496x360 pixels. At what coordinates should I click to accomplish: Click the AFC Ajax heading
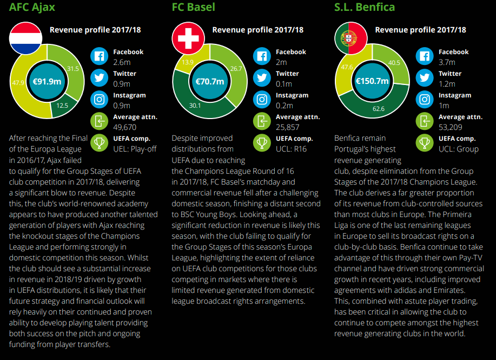(32, 7)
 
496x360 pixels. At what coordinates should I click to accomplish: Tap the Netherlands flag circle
(25, 38)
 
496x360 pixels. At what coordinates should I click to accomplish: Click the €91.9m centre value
(47, 82)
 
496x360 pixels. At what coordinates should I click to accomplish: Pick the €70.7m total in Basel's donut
(209, 82)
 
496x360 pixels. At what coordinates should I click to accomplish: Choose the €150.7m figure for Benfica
(372, 82)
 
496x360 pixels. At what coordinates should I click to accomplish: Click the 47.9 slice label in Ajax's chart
(18, 83)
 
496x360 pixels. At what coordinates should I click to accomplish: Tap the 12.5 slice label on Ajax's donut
(63, 106)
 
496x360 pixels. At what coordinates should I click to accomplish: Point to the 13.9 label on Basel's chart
(188, 62)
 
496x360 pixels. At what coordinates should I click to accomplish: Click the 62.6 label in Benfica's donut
(379, 109)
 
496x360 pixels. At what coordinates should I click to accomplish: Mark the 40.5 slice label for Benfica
(394, 63)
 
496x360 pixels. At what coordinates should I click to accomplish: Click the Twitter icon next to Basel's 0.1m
(262, 78)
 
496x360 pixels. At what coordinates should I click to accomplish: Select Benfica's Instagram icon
(425, 100)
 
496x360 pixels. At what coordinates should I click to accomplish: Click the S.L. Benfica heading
(365, 7)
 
